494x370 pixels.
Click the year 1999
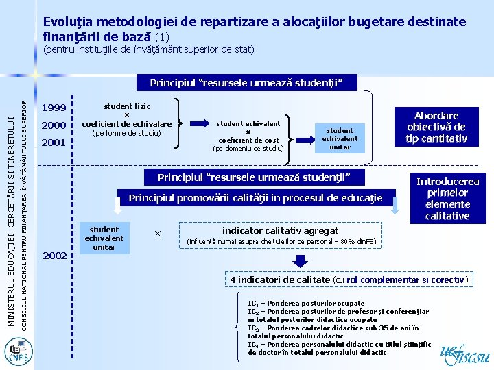click(54, 108)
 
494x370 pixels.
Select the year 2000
click(54, 125)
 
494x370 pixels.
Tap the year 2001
click(54, 143)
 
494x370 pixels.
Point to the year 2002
click(54, 255)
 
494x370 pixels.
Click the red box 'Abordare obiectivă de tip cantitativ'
click(437, 127)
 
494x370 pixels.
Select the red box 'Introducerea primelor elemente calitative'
click(447, 198)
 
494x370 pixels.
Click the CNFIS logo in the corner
click(15, 351)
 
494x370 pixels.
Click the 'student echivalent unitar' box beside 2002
click(104, 238)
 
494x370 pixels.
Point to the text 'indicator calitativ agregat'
click(280, 231)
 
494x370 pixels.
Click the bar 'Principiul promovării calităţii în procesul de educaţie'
click(255, 199)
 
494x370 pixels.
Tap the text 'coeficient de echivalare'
click(126, 123)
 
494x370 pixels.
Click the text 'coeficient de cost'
click(248, 140)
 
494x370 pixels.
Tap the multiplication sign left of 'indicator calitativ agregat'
click(157, 234)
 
